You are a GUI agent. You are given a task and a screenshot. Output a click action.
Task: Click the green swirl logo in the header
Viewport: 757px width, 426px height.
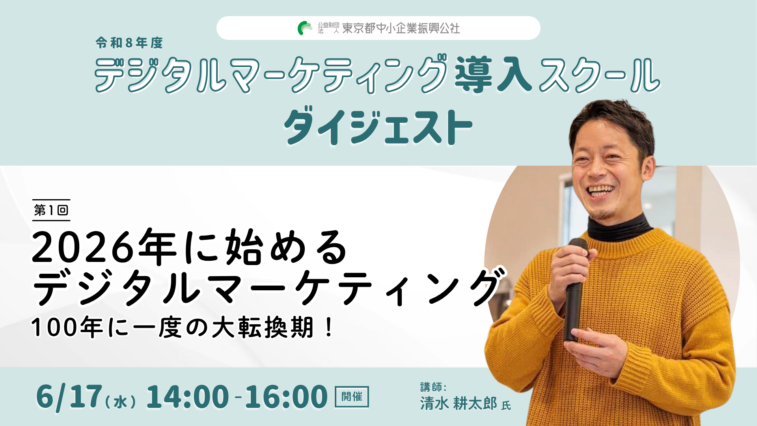pos(304,28)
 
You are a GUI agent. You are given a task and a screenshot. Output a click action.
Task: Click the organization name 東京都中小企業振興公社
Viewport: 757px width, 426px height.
pos(401,28)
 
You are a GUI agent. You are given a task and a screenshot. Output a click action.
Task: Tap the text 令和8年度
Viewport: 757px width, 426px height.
pos(129,43)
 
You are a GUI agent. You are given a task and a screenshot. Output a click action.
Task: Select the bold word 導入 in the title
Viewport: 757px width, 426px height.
pos(493,75)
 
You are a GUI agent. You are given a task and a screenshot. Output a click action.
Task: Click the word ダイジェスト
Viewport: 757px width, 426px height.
pos(378,126)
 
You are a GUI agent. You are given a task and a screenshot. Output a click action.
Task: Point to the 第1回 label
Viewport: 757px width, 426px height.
pos(51,210)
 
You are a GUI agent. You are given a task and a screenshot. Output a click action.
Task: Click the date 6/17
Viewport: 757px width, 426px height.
pos(69,396)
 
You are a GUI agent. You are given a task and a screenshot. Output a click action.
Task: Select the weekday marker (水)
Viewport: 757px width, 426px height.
pos(121,402)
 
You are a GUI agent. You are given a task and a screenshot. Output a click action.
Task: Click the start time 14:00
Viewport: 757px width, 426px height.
pos(187,396)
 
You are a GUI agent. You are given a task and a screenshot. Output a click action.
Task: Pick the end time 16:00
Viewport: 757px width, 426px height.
pos(286,396)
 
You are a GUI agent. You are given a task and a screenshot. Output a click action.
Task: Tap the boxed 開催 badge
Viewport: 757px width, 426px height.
pos(352,396)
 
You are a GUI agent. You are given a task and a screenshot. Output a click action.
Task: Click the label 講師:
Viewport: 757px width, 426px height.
pos(433,387)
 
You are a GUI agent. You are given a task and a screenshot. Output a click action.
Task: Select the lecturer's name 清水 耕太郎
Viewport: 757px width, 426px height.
pos(459,404)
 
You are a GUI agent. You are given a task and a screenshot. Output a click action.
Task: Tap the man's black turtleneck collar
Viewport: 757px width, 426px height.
pos(619,227)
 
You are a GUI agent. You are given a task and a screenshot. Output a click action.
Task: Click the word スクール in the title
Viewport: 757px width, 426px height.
pos(599,75)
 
